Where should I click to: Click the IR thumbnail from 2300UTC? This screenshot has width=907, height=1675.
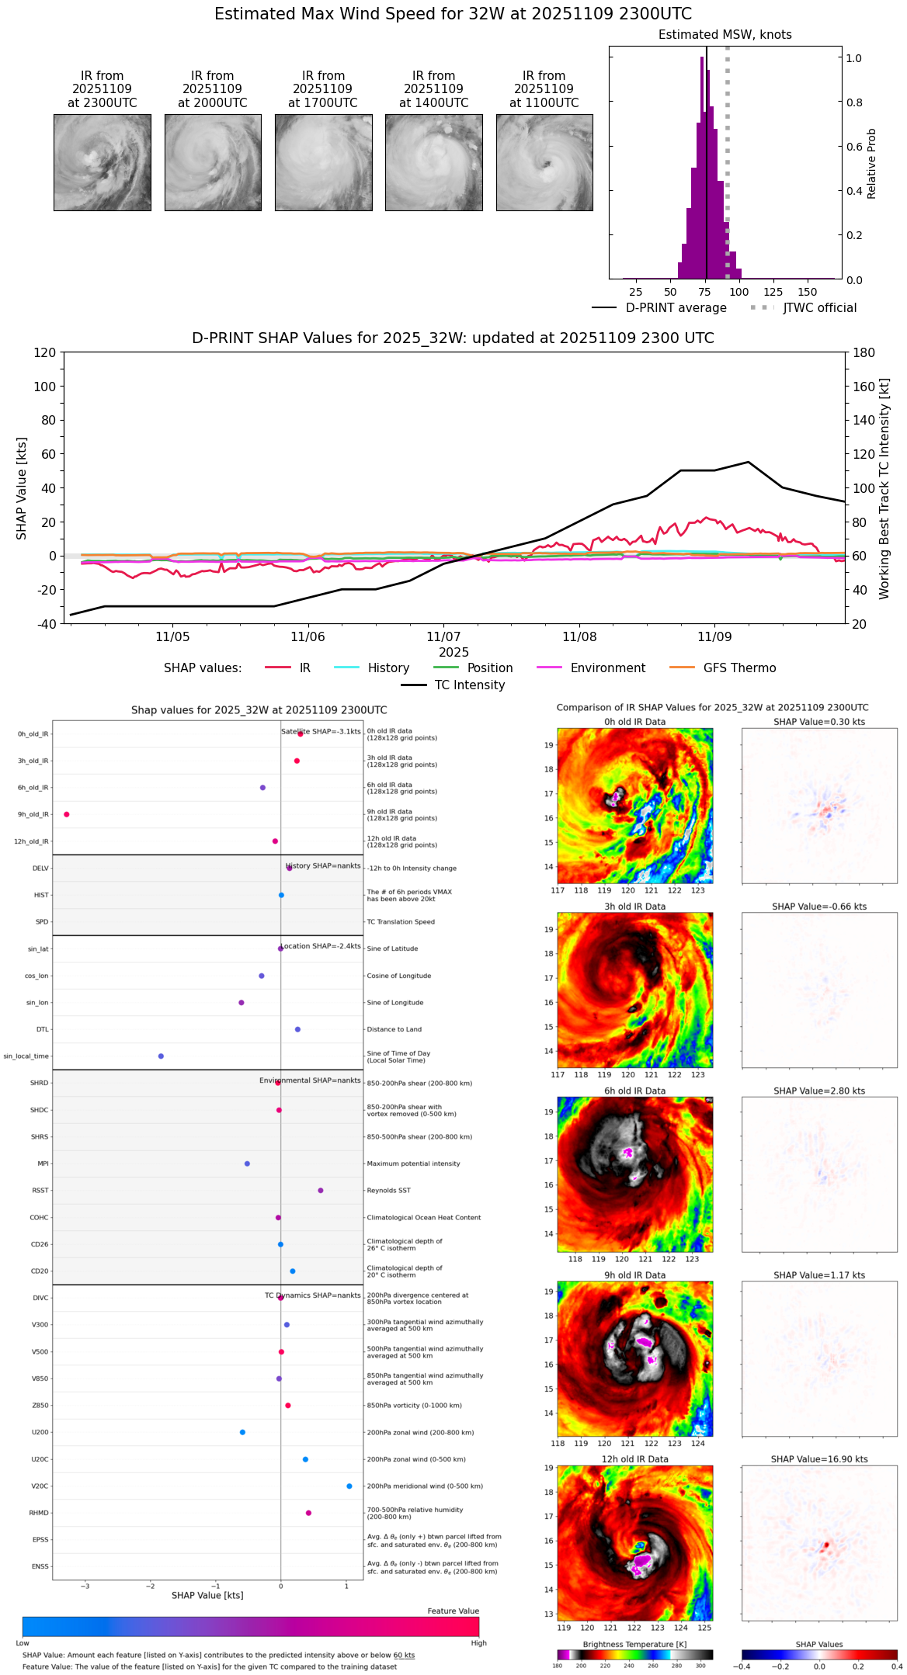pos(102,162)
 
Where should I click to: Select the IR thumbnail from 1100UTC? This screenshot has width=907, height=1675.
pos(544,162)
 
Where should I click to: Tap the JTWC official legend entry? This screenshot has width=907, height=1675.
pos(819,308)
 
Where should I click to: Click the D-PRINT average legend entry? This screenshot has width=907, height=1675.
pos(676,308)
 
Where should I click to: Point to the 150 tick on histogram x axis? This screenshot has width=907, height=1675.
pos(808,293)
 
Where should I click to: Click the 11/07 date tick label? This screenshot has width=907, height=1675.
pos(443,637)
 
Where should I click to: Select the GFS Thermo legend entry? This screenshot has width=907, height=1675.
pos(739,668)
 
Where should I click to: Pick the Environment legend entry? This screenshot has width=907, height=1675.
pos(607,668)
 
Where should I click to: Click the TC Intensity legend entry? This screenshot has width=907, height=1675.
pos(469,685)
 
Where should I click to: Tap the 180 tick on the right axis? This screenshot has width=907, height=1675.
pos(864,353)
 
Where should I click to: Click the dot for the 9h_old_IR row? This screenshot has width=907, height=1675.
pos(67,814)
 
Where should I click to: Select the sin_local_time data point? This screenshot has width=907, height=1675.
pos(161,1056)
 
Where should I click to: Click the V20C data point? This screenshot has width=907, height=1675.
pos(349,1486)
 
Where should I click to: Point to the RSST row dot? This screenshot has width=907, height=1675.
pos(321,1191)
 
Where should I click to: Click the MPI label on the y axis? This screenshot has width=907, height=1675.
pos(43,1164)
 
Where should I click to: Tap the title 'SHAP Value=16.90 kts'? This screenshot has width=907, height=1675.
pos(819,1459)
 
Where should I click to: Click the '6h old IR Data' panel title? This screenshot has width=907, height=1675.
pos(634,1091)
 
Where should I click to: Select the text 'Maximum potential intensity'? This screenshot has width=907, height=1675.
pos(413,1164)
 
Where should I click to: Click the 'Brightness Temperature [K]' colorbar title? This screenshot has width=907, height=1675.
pos(634,1644)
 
